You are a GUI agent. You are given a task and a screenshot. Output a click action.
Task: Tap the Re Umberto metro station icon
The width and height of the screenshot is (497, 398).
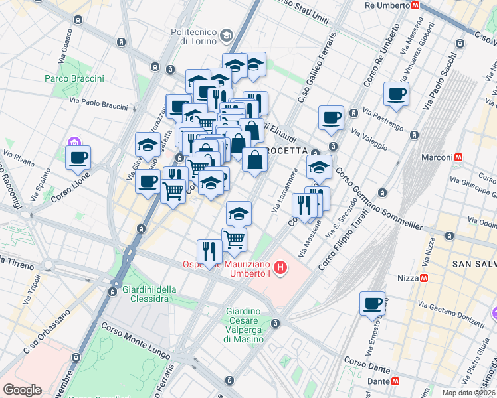pos(415,5)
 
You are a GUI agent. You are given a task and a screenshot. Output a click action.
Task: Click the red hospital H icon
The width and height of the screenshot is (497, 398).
pos(281,269)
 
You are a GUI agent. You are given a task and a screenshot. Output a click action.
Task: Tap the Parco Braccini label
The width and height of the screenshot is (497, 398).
pos(74,78)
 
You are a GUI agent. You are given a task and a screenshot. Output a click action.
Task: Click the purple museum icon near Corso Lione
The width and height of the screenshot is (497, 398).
pos(72,143)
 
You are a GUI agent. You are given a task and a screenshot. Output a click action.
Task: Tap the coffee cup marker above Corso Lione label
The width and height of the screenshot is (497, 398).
pos(78,157)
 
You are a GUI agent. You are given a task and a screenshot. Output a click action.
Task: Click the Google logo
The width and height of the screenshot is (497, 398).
pos(23,389)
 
